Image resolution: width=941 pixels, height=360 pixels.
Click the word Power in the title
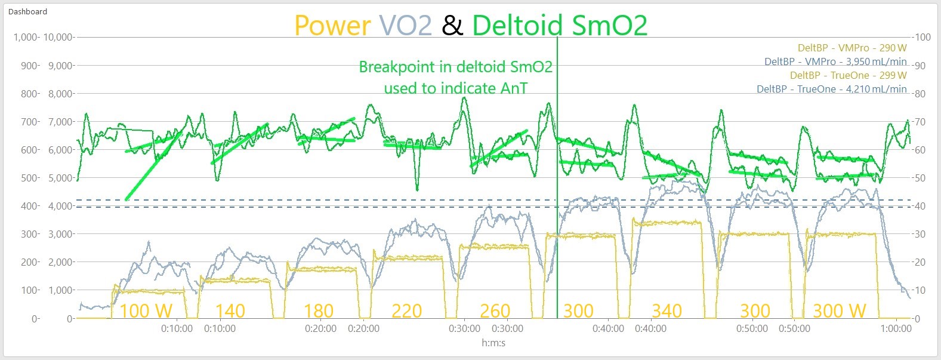click(x=332, y=26)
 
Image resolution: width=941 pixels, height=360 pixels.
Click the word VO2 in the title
click(x=405, y=26)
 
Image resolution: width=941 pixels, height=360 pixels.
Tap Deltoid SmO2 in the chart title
click(x=560, y=26)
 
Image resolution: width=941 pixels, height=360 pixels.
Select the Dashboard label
click(x=27, y=11)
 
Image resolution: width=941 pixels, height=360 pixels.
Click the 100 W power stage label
click(x=146, y=311)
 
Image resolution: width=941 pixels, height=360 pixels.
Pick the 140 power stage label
click(x=230, y=311)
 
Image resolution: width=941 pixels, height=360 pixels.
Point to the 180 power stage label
click(x=319, y=311)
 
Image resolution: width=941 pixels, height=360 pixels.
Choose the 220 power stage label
click(x=407, y=311)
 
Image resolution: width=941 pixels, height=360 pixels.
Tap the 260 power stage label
click(x=495, y=311)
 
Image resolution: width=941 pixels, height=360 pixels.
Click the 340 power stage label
click(x=667, y=311)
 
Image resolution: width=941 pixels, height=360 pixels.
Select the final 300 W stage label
click(x=839, y=311)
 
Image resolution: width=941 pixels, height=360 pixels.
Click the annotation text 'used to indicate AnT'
click(x=456, y=88)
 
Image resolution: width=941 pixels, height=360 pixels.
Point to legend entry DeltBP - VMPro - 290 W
click(x=852, y=48)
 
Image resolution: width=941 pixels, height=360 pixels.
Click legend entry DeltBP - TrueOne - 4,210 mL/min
click(x=832, y=89)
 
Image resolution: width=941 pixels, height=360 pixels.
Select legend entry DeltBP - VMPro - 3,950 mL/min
click(x=835, y=61)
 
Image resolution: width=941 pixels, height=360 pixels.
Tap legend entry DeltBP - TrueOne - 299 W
click(x=848, y=75)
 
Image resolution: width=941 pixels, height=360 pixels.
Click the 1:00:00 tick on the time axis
click(x=895, y=328)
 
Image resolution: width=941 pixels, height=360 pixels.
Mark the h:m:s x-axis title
click(x=493, y=343)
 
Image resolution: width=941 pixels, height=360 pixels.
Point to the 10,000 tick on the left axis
click(x=59, y=37)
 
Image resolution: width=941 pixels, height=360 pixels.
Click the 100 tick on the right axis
click(x=923, y=37)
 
